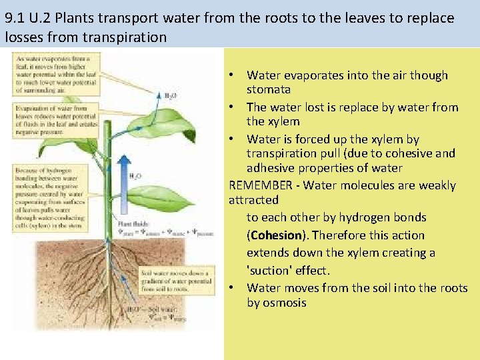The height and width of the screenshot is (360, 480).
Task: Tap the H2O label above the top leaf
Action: pyautogui.click(x=171, y=96)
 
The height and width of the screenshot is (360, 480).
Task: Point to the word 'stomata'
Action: pyautogui.click(x=269, y=89)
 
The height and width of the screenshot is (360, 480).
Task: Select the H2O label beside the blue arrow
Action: pyautogui.click(x=135, y=177)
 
